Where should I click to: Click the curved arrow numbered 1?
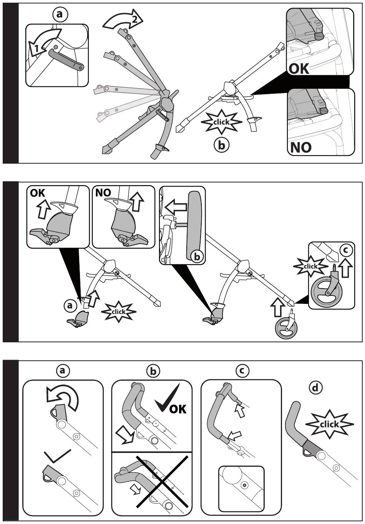coord(45,41)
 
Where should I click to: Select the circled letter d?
coord(315,388)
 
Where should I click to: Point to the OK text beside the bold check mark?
coord(178,408)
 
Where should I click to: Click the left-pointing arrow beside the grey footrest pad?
coord(176,207)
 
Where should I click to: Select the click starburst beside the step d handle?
coord(329,424)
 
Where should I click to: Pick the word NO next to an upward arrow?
coord(103,192)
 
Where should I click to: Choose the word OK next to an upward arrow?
coord(37,193)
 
